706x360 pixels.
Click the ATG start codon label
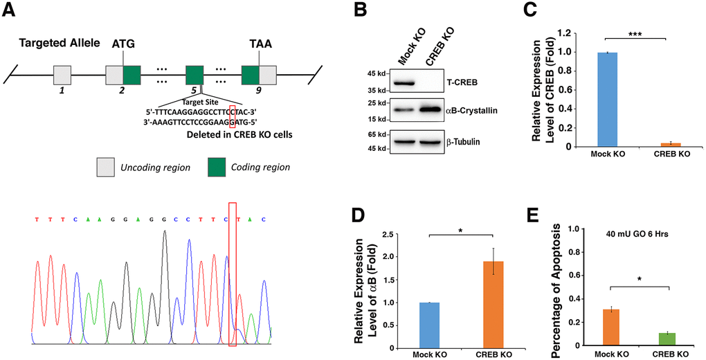point(123,44)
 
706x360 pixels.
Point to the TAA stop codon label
point(260,44)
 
